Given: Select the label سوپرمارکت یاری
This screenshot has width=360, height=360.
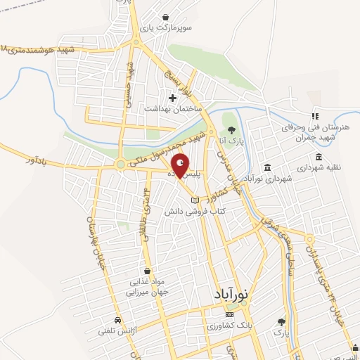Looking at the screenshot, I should click(165, 29).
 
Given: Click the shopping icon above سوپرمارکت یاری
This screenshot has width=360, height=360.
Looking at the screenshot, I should click(165, 17).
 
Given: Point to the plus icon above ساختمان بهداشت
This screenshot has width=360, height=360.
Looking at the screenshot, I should click(173, 97).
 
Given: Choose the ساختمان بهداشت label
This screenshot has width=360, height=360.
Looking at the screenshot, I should click(173, 109).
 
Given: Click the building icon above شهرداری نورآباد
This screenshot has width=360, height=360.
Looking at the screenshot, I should click(267, 167).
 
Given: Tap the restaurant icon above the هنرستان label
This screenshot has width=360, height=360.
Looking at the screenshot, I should click(315, 116).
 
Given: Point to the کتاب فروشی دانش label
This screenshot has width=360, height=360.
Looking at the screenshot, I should click(190, 211).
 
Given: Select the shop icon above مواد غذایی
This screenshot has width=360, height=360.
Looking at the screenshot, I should click(146, 270).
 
